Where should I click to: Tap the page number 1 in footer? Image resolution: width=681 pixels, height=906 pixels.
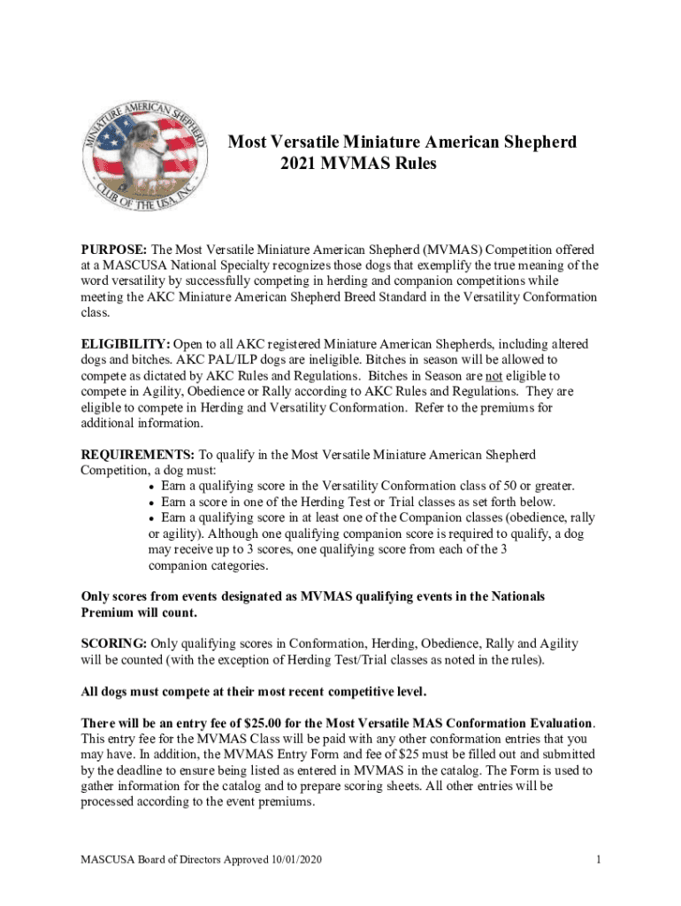pos(598,859)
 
